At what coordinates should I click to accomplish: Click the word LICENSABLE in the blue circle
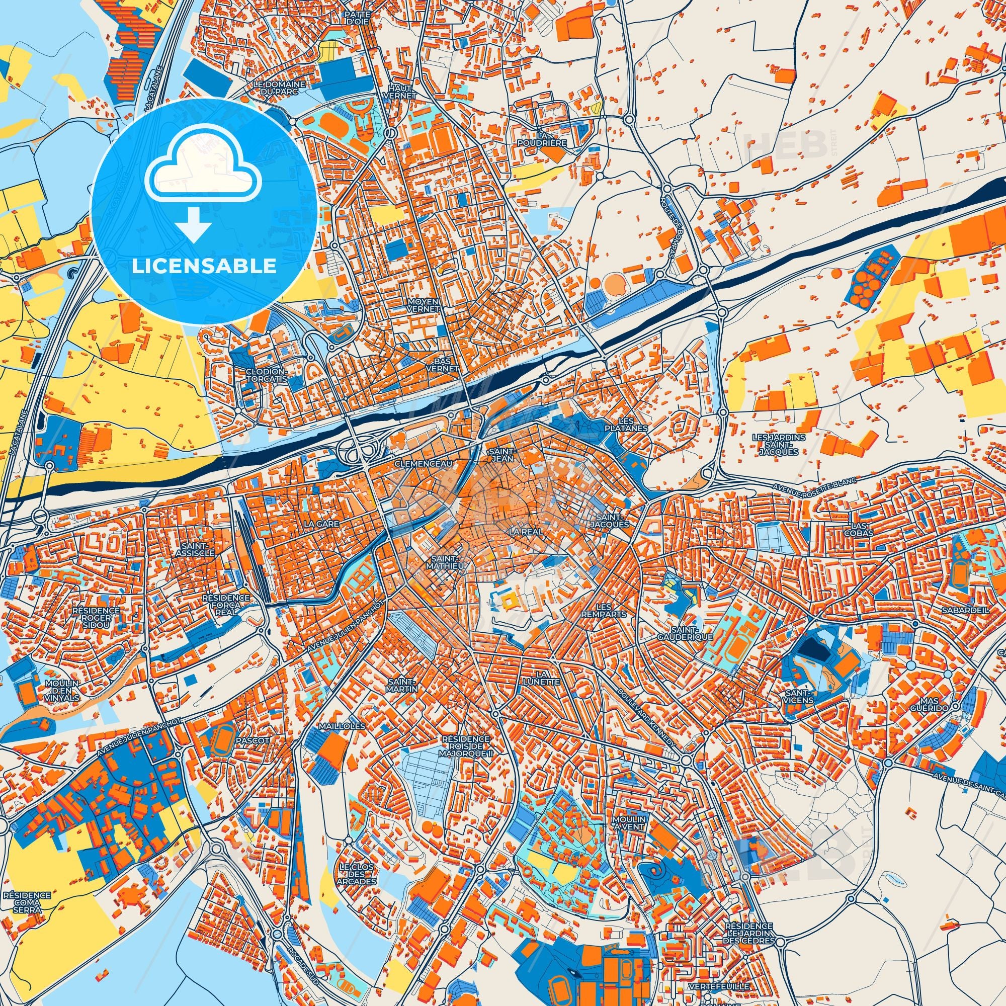click(x=204, y=266)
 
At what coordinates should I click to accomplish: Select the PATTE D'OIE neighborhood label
click(x=356, y=19)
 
